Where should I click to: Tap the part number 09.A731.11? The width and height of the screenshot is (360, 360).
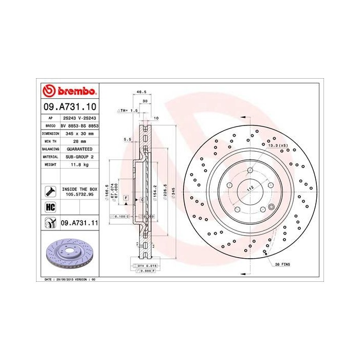[79, 223]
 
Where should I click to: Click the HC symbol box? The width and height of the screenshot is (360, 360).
[50, 207]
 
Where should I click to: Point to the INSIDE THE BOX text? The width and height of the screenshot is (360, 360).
[79, 189]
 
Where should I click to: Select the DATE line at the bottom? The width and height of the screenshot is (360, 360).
[67, 279]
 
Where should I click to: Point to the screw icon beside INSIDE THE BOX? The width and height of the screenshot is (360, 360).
[50, 191]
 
